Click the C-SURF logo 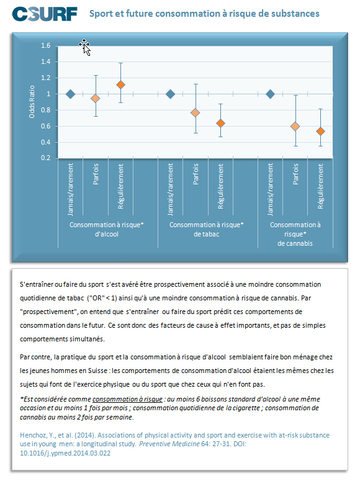[45, 14]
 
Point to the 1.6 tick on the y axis [46, 46]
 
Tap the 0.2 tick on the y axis [46, 158]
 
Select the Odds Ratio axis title [32, 102]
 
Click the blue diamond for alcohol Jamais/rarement [71, 94]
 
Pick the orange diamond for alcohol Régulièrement [120, 84]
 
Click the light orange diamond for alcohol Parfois [96, 99]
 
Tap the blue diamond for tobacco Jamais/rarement [170, 94]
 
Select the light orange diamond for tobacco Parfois [196, 113]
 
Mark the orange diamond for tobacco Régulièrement [220, 124]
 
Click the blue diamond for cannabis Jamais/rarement [271, 94]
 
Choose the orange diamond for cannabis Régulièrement [320, 132]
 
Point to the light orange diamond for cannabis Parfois [295, 127]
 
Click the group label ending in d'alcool [107, 230]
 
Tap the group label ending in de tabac [207, 230]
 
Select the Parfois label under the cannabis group [295, 174]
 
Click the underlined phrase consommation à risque [127, 399]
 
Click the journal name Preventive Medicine [169, 444]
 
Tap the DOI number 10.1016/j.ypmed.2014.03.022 [65, 453]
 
